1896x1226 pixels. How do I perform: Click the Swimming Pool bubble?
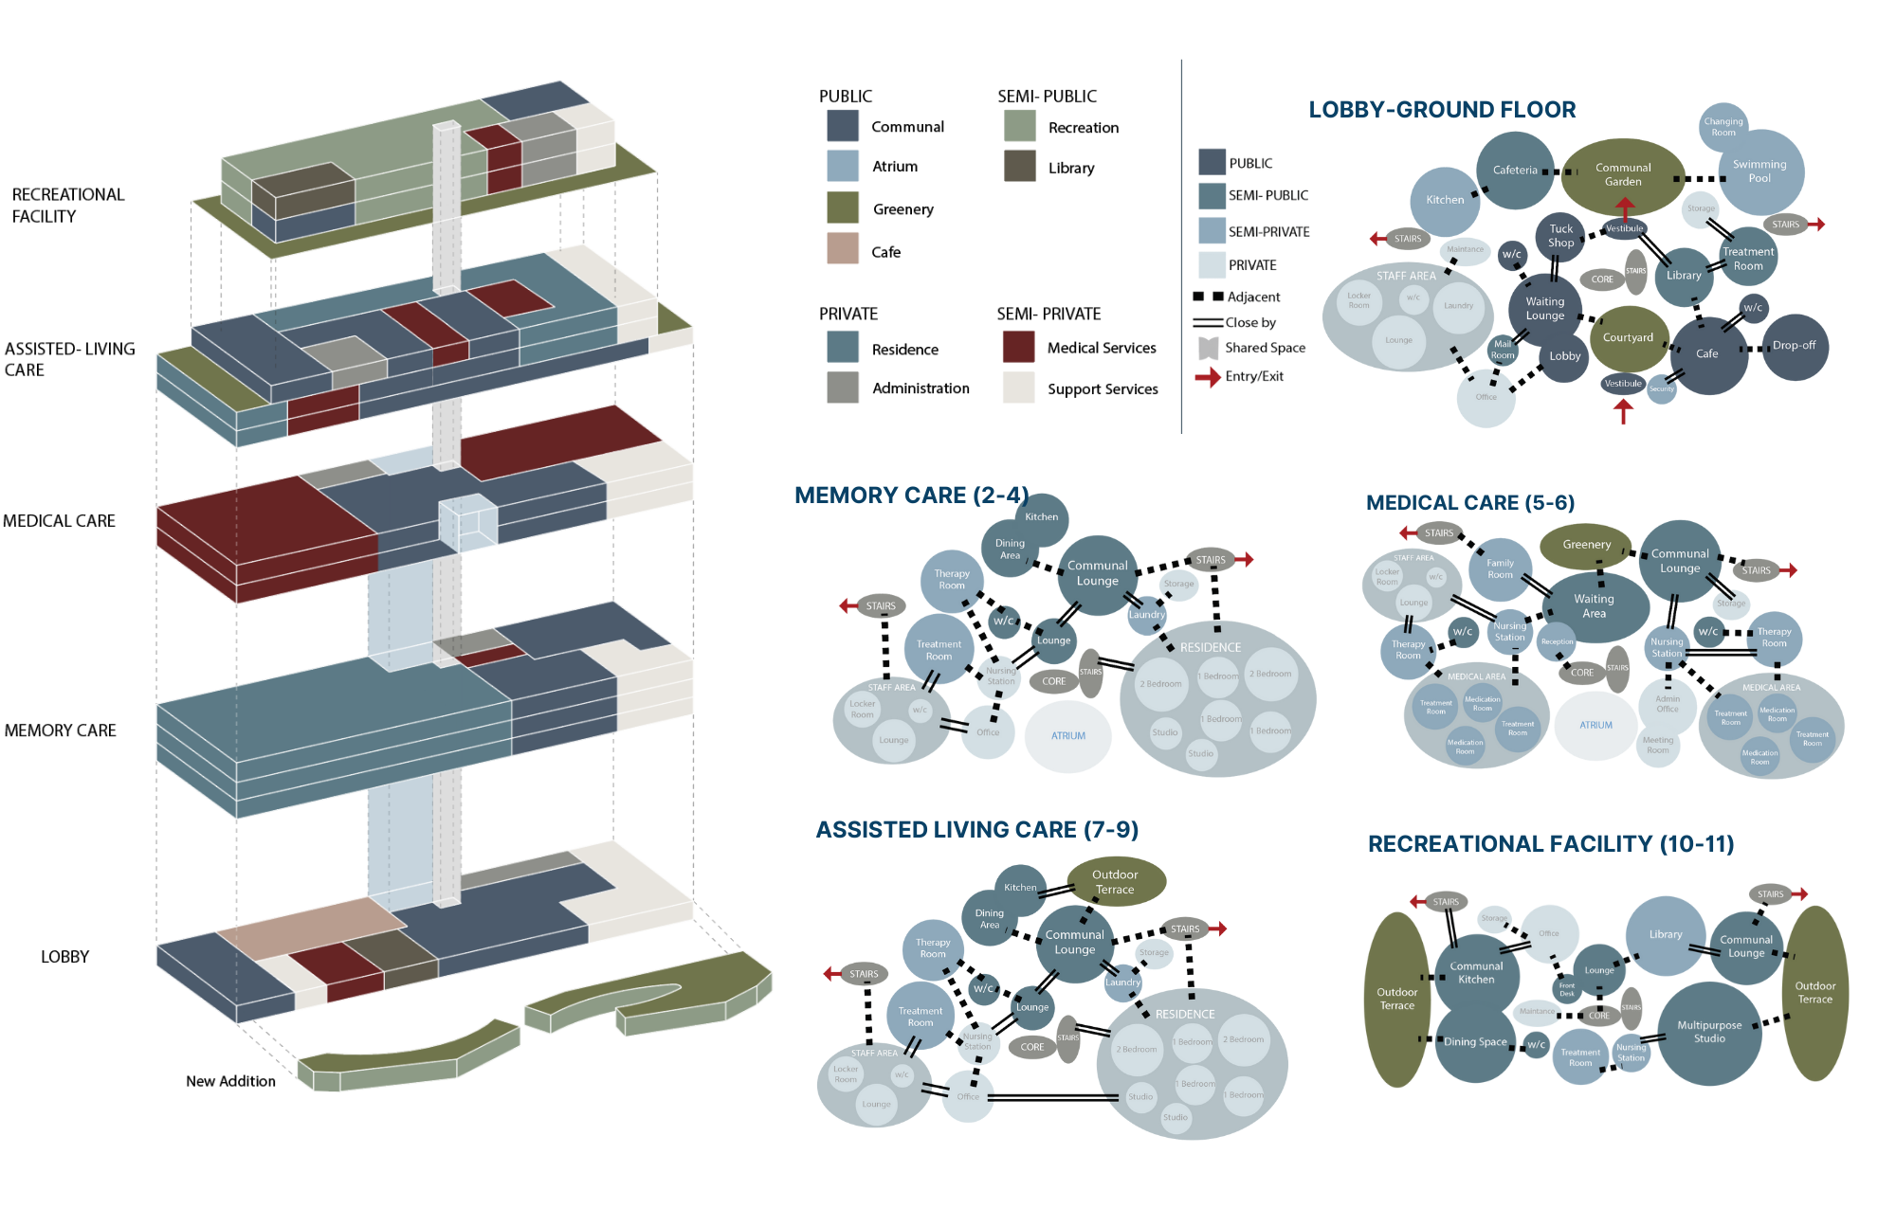[x=1759, y=171]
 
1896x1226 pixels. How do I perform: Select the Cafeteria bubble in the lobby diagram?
[x=1515, y=171]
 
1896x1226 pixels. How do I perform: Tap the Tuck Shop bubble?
[x=1560, y=236]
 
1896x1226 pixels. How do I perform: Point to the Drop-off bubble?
[x=1794, y=346]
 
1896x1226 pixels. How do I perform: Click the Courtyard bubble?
[x=1628, y=338]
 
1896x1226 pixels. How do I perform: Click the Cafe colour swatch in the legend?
[x=843, y=249]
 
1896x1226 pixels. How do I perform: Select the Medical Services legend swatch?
[x=1018, y=347]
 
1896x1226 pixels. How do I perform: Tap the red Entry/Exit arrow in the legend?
[x=1208, y=377]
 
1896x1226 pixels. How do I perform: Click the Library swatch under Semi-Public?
[x=1020, y=167]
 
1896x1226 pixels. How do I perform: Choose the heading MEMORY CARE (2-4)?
[x=911, y=496]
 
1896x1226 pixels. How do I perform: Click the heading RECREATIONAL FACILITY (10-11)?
[x=1551, y=844]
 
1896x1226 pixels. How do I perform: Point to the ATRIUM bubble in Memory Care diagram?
[x=1068, y=736]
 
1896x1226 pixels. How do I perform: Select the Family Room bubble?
[x=1500, y=569]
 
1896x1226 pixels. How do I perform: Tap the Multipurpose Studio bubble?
[x=1709, y=1033]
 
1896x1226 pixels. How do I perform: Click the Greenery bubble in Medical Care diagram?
[x=1586, y=545]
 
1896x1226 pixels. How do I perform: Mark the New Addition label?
[x=230, y=1081]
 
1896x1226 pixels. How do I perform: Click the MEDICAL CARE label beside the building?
[x=59, y=521]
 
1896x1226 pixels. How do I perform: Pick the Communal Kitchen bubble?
[x=1476, y=973]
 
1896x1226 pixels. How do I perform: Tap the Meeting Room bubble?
[x=1658, y=746]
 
